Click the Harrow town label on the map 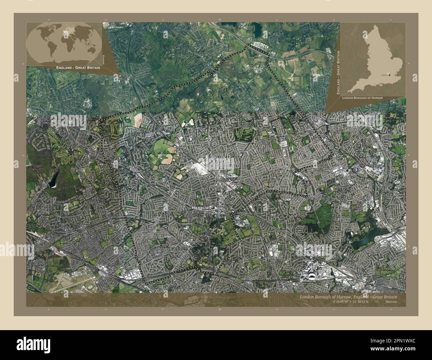click(x=200, y=208)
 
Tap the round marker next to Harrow click(x=213, y=208)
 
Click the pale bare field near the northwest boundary click(x=137, y=120)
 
